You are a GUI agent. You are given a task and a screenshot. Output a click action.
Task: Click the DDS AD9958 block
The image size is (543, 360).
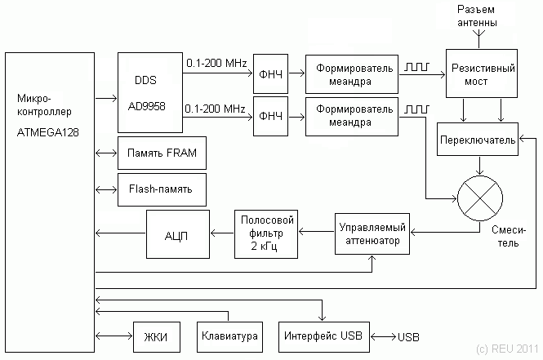[149, 92]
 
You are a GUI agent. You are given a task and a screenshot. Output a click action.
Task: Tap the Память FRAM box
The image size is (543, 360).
[162, 153]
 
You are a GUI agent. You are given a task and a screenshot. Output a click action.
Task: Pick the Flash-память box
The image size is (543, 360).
[162, 189]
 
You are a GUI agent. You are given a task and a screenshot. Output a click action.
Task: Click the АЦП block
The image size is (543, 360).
[177, 234]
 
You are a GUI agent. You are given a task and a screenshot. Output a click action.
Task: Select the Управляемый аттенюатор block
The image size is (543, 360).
[372, 234]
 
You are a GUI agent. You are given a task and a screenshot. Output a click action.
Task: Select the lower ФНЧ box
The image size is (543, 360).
[270, 117]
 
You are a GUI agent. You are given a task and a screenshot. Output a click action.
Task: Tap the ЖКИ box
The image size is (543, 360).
[155, 336]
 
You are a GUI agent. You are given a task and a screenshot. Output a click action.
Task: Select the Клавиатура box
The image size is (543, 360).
[229, 336]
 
